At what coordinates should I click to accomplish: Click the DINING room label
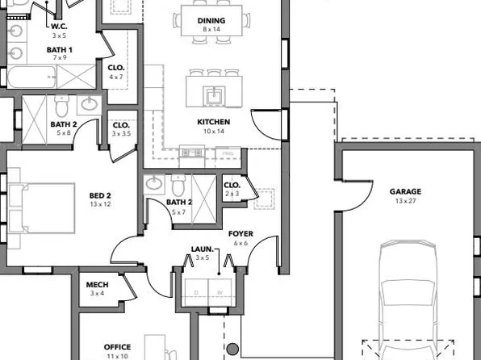point(211,20)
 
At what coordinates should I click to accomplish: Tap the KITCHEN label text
point(214,122)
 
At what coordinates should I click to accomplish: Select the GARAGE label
point(405,191)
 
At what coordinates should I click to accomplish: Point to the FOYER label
point(241,233)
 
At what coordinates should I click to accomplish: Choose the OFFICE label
point(117,347)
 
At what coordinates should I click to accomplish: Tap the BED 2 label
point(100,195)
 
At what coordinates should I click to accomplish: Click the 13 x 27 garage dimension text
point(405,200)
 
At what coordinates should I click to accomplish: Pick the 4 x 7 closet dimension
point(116,77)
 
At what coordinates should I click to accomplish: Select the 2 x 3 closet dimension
point(232,194)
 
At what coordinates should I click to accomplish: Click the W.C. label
point(58,27)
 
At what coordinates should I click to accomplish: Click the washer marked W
point(220,292)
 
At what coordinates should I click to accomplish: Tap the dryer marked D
point(195,292)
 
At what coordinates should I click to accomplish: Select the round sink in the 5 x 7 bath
point(154,184)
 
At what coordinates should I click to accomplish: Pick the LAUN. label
point(202,249)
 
